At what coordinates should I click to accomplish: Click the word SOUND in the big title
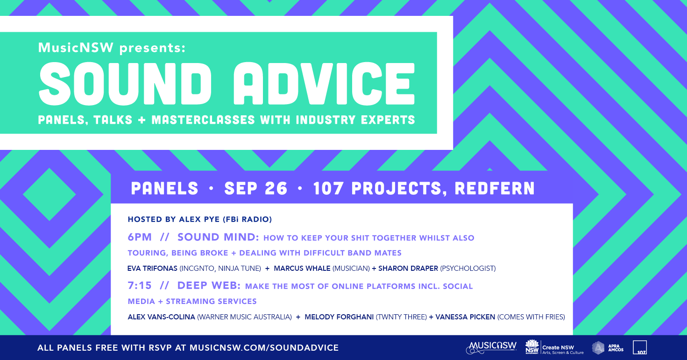tap(125, 84)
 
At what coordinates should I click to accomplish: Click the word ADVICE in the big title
tap(324, 84)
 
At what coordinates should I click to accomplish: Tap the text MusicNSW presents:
tap(112, 48)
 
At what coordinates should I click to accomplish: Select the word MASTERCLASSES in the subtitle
tap(203, 120)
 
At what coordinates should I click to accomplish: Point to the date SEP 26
tap(256, 188)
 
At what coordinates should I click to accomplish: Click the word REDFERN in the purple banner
tap(495, 188)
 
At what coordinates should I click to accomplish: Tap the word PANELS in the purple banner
tap(165, 188)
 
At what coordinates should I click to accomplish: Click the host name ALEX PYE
tap(199, 219)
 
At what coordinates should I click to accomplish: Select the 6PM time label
tap(140, 237)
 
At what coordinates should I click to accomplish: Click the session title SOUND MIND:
tap(219, 237)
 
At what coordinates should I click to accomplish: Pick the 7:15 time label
tap(140, 285)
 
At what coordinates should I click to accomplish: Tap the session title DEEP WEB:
tap(209, 285)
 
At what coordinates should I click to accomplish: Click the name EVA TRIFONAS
tap(152, 268)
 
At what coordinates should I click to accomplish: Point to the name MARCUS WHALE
tap(302, 268)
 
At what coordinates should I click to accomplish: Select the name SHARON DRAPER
tap(408, 268)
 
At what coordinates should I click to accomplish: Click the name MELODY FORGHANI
tap(339, 317)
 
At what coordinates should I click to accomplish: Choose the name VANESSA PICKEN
tap(465, 317)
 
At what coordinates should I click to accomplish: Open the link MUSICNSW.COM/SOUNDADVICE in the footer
tap(264, 348)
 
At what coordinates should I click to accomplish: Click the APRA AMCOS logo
tap(608, 348)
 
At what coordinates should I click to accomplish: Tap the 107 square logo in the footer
tap(640, 347)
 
